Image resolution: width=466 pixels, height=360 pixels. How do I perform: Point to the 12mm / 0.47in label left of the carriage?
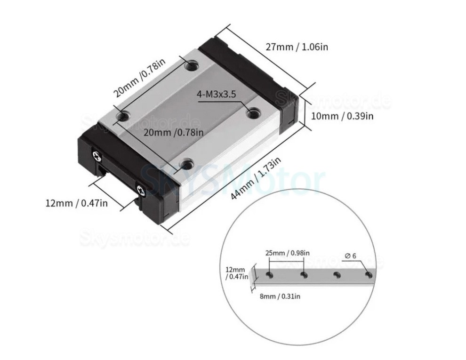(x=76, y=203)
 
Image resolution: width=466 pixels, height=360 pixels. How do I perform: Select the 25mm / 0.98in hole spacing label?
(x=287, y=253)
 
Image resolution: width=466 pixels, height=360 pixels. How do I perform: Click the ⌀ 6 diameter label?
(x=351, y=256)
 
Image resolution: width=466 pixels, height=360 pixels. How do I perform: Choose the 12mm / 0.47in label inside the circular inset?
(x=236, y=273)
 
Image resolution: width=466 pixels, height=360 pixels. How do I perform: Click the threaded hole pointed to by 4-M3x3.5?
(x=253, y=112)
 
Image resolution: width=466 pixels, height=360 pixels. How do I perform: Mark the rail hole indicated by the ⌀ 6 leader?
(x=368, y=274)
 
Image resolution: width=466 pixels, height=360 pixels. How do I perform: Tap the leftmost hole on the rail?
(x=270, y=274)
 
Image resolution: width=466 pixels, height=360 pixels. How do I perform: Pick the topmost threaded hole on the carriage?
(x=191, y=66)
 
